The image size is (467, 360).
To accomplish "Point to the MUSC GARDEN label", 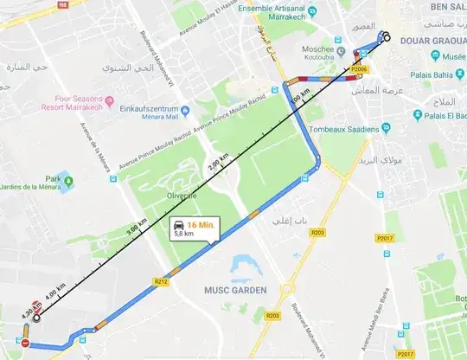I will tap(235, 289).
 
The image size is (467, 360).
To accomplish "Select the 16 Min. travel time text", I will tap(202, 224).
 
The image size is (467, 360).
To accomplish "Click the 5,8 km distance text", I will tap(183, 234).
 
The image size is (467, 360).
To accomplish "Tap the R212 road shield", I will tap(160, 281).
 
